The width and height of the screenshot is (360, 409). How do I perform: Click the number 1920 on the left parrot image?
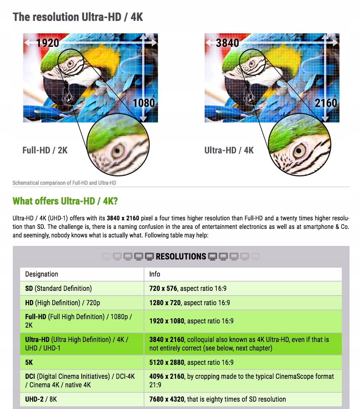point(48,43)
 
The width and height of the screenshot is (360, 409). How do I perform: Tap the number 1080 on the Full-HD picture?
point(144,103)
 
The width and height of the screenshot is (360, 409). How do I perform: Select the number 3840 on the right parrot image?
point(227,43)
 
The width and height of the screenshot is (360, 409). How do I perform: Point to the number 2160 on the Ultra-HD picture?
point(326,103)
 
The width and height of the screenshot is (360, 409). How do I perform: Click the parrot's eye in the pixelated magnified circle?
point(118,151)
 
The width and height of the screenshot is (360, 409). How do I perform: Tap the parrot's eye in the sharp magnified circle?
point(299,151)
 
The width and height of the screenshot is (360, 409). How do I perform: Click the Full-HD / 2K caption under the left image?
point(45,150)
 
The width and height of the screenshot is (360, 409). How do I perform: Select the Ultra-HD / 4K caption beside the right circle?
point(229,150)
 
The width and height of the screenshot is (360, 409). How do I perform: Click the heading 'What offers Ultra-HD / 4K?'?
point(65,201)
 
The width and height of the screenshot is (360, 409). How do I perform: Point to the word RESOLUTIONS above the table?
point(181,256)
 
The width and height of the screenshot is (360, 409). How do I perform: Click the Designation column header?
point(41,274)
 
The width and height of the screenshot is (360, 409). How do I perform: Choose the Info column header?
point(154,274)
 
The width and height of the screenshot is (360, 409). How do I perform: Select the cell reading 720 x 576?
point(163,289)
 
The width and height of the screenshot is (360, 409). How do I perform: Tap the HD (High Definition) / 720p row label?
point(63,303)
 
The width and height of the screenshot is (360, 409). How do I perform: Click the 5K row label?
point(29,362)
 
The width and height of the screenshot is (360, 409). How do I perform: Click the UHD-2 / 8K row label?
point(41,399)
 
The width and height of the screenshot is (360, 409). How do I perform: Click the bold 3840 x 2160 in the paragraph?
point(123,218)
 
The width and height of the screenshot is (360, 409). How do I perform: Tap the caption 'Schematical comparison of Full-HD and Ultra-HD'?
point(64,183)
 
